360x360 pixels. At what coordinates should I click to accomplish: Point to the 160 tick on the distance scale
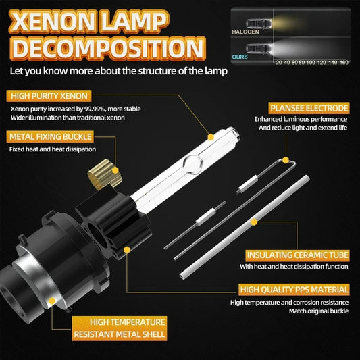(x=345, y=62)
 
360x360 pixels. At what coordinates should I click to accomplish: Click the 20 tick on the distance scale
(x=279, y=62)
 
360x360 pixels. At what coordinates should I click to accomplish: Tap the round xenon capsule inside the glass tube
(x=193, y=162)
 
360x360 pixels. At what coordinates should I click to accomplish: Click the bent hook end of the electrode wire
(x=288, y=162)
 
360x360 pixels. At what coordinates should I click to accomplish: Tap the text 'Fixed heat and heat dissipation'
(x=53, y=149)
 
